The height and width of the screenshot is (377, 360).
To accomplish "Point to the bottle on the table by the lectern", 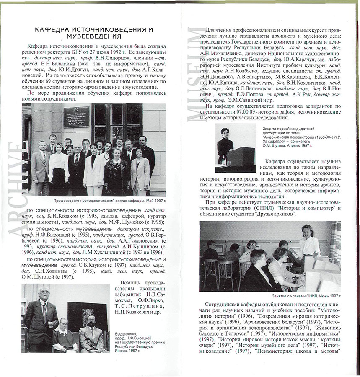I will pos(225,160).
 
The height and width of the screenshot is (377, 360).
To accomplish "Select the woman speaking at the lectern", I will pos(225,145).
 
